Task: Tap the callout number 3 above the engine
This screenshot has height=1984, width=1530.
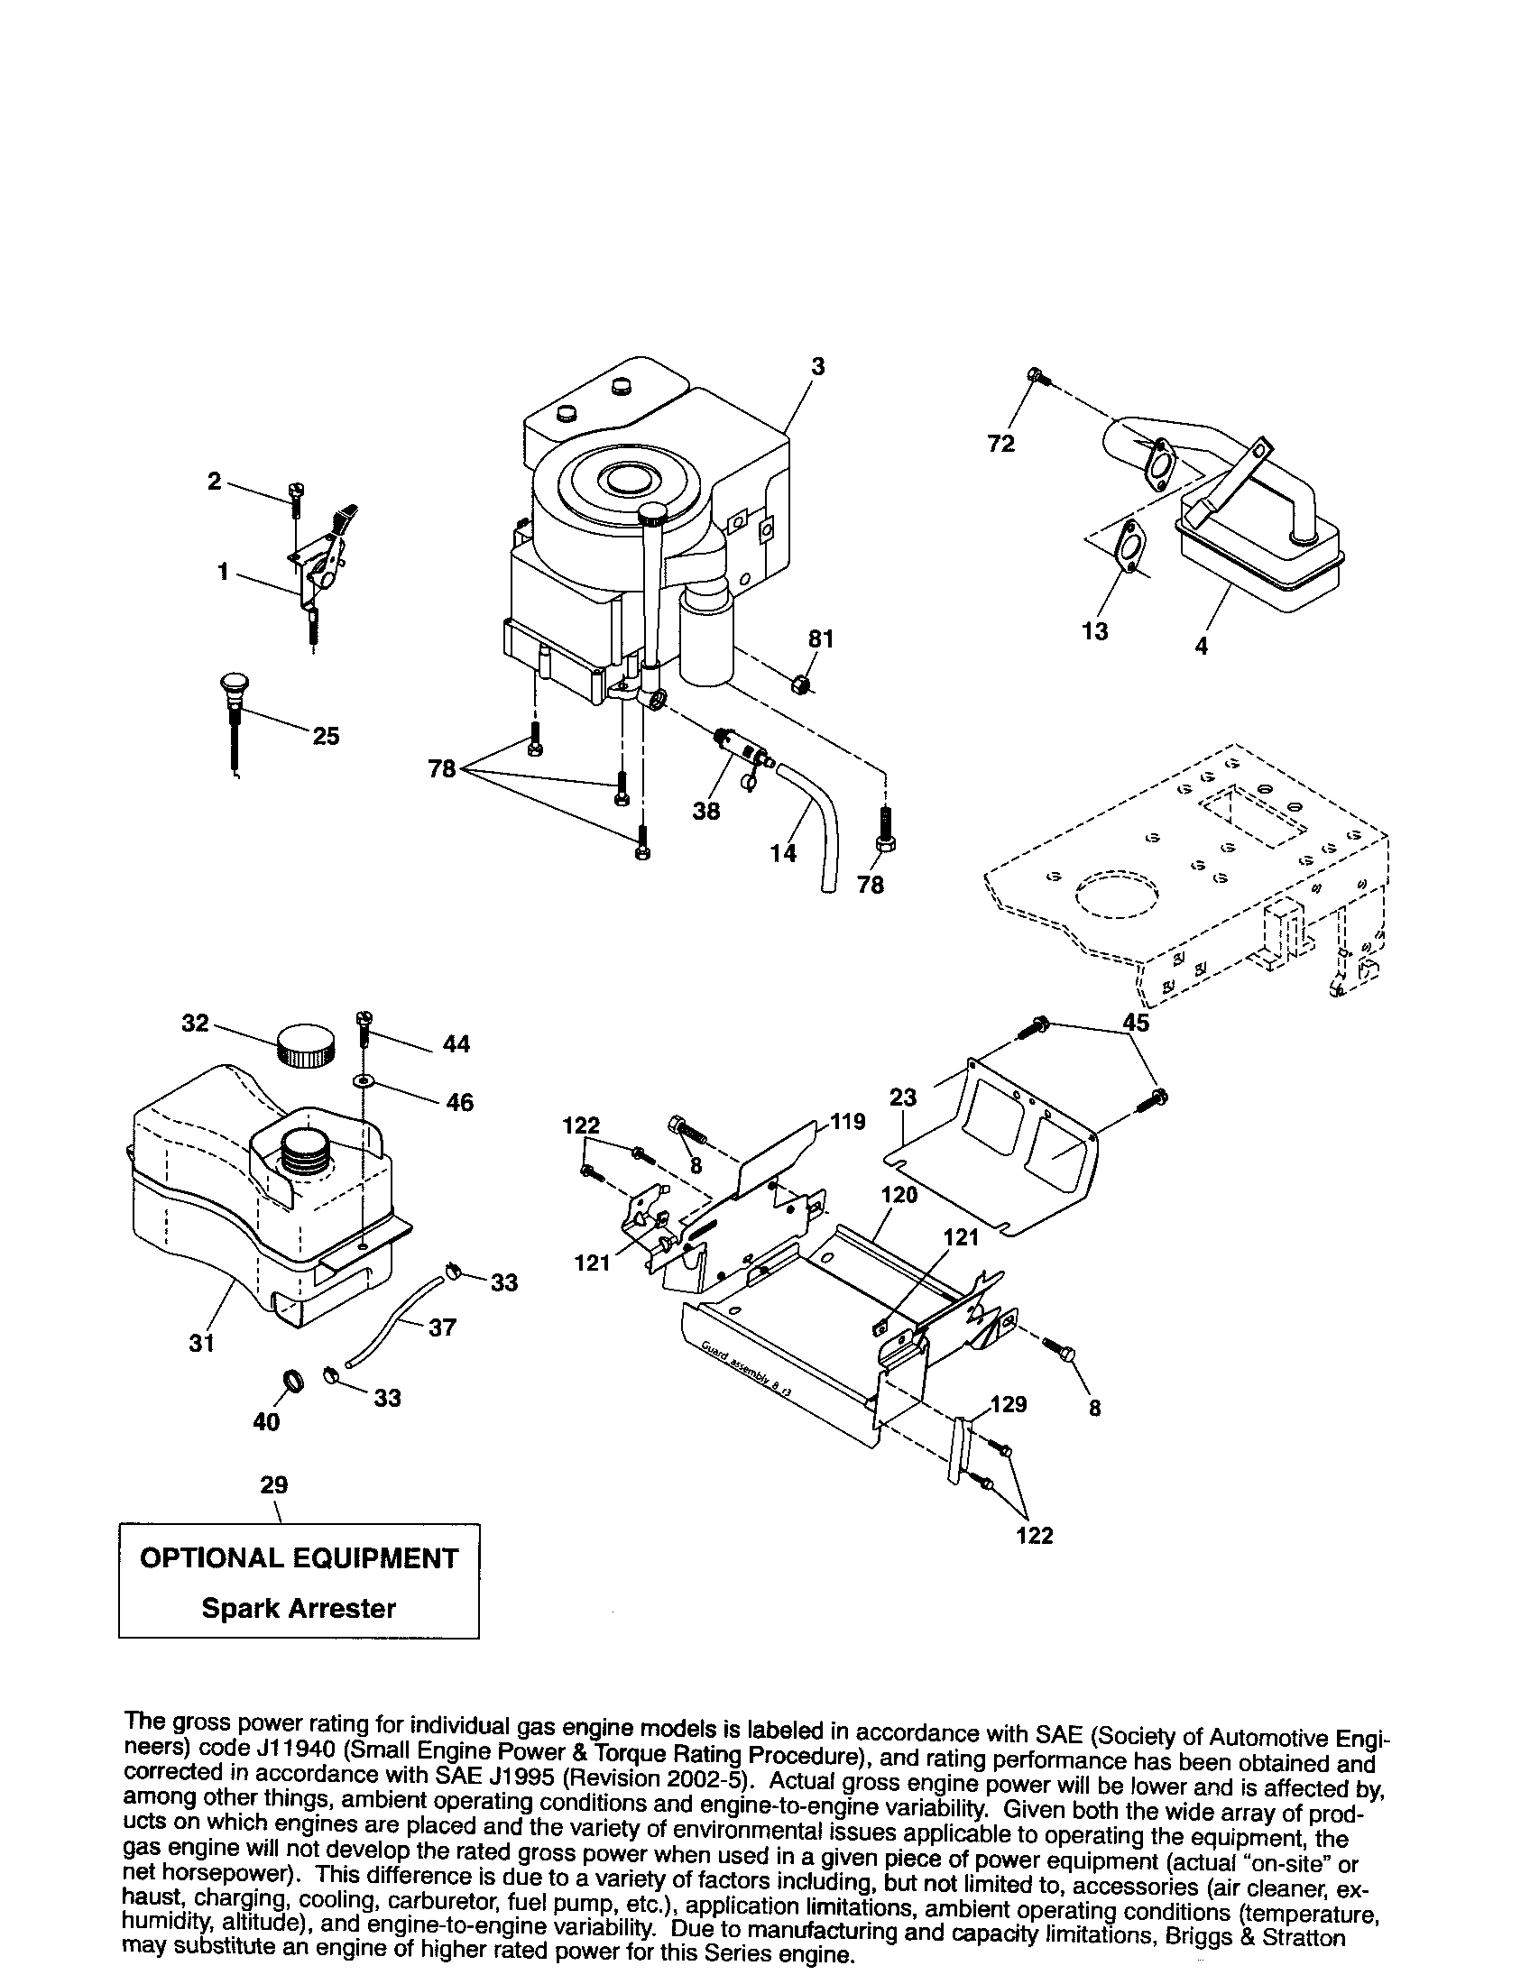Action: (817, 366)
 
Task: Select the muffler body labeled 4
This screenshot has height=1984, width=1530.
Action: (1263, 554)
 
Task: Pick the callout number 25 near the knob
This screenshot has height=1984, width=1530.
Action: (326, 736)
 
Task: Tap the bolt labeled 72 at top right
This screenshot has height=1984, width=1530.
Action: (1037, 374)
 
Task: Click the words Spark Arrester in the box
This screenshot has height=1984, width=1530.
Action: (298, 1608)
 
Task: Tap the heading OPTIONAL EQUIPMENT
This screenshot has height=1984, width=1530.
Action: (298, 1558)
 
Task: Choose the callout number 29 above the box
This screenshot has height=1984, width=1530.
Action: (273, 1484)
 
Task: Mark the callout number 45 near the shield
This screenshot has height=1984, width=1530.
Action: (1136, 1022)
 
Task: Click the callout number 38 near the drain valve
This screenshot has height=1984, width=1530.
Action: (706, 811)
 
